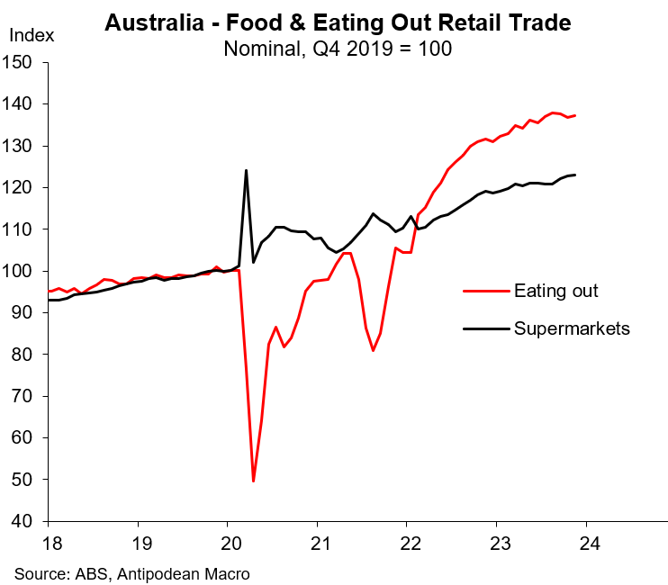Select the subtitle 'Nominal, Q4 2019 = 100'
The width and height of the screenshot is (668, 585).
(x=337, y=47)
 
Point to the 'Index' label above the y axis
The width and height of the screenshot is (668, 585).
(x=32, y=36)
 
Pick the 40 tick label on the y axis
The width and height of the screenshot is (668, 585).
(x=23, y=522)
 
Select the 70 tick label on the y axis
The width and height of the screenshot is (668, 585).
(x=23, y=397)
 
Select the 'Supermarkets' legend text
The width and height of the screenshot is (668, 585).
(x=571, y=328)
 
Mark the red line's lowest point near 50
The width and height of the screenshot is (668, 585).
(x=254, y=481)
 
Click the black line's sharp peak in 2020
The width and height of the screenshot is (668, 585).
(x=246, y=171)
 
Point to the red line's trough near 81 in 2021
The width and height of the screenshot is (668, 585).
(x=373, y=350)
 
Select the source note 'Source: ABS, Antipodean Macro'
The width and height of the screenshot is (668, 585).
(x=131, y=572)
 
